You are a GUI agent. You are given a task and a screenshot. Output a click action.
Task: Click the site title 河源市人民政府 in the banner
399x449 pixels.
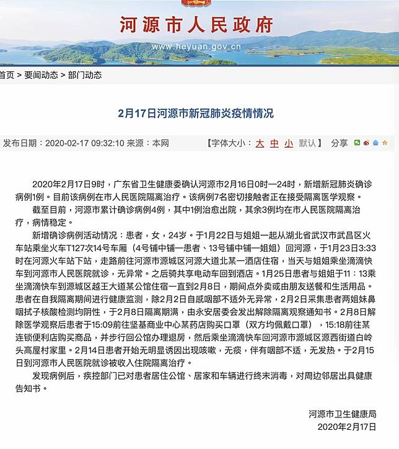click(x=196, y=25)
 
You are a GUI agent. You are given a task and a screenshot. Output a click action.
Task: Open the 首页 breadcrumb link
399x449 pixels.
click(x=7, y=75)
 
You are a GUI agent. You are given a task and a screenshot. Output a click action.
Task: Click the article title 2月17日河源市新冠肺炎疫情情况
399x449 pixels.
click(x=196, y=114)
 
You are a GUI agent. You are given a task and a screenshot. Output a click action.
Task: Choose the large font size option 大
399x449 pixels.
click(x=260, y=143)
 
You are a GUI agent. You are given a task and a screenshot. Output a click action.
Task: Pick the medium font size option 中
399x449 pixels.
click(x=274, y=143)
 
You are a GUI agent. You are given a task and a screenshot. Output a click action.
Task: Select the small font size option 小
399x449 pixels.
click(x=288, y=143)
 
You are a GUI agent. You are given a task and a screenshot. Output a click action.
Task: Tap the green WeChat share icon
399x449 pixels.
click(x=357, y=143)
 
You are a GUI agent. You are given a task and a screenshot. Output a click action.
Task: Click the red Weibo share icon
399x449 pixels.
click(x=366, y=143)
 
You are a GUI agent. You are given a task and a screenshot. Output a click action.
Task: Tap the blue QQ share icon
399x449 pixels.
click(x=375, y=143)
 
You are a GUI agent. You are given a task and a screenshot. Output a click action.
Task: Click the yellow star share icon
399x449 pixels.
click(x=384, y=143)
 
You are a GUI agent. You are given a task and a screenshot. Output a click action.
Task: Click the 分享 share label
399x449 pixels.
click(x=339, y=143)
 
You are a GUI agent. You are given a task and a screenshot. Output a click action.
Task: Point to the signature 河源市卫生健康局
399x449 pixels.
click(x=343, y=414)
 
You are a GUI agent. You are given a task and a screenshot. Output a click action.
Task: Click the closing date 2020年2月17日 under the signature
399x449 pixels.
click(x=346, y=427)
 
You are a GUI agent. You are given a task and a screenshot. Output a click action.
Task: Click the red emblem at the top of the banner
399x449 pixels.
click(x=196, y=3)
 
